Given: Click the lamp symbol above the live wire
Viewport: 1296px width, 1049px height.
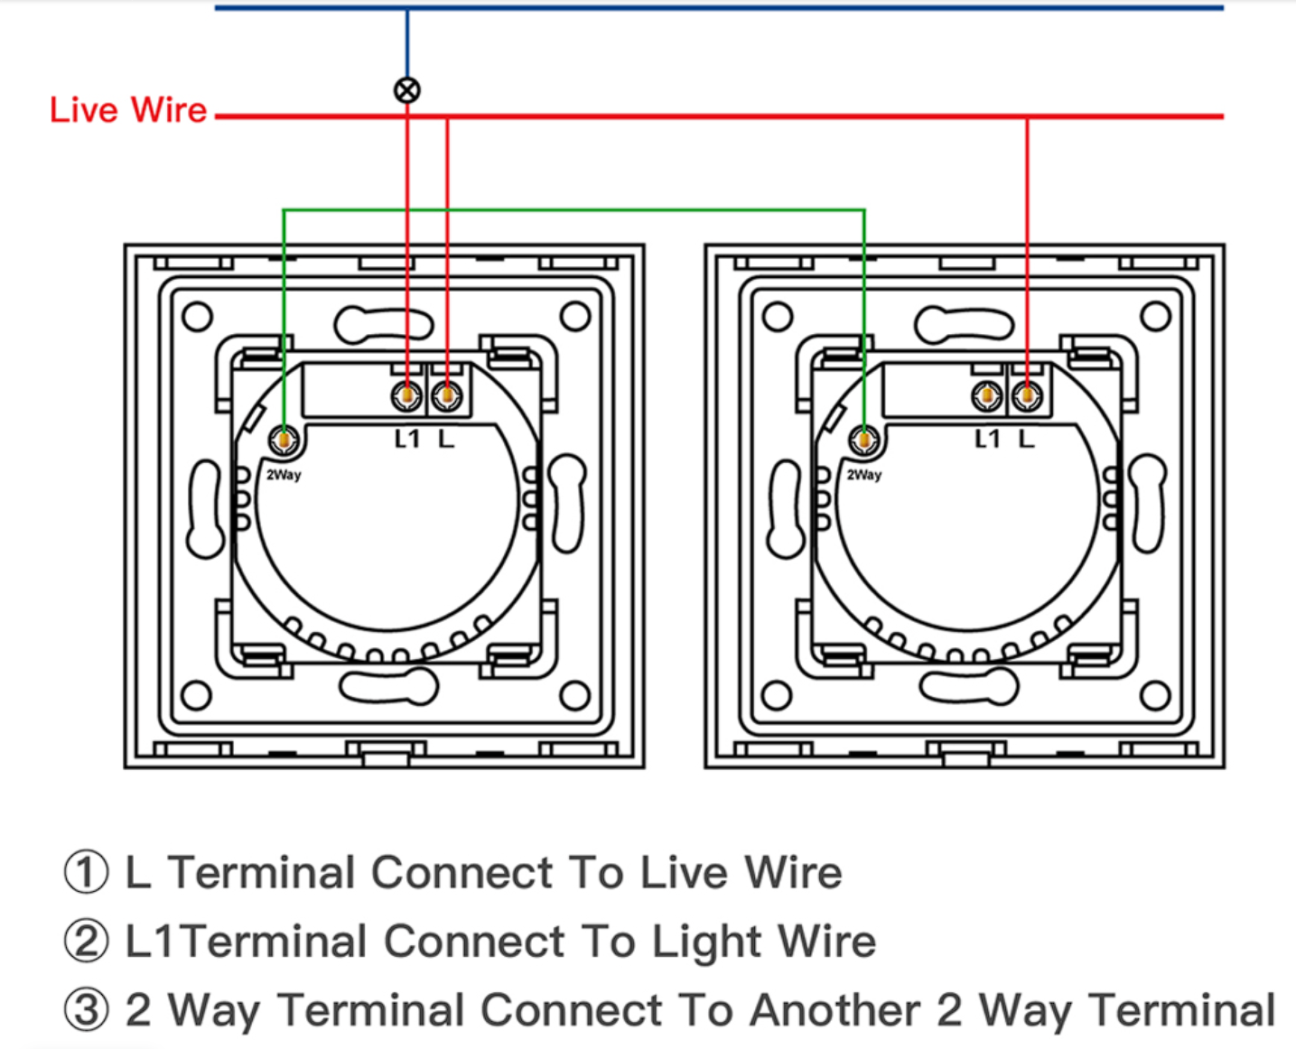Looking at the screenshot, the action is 407,90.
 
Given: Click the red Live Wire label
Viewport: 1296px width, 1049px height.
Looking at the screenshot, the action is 128,110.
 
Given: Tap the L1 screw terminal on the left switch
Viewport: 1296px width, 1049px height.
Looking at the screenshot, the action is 406,396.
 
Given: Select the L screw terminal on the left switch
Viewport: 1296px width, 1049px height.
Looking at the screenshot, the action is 447,396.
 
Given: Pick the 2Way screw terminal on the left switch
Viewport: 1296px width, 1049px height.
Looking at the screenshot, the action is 284,440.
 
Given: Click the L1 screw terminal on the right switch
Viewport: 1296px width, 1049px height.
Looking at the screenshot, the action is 987,396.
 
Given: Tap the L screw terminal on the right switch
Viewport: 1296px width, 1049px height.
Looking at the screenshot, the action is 1027,396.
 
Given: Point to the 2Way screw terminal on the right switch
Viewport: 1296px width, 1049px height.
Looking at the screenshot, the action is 864,440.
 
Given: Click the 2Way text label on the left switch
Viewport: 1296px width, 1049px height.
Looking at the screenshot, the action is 284,475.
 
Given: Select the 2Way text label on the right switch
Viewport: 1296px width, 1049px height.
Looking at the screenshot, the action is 864,475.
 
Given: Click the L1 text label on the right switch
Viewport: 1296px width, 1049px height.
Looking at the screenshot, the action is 987,439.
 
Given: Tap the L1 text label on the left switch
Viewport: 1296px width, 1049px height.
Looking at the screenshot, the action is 407,439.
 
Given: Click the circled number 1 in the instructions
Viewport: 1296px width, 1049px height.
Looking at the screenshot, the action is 87,871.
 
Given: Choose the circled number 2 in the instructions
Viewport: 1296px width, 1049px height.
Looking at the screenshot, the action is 87,940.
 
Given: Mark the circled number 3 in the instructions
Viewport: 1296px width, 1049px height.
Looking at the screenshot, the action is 87,1009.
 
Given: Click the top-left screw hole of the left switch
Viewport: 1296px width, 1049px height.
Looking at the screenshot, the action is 197,316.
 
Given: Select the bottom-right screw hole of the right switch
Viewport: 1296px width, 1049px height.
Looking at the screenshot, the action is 1155,696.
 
